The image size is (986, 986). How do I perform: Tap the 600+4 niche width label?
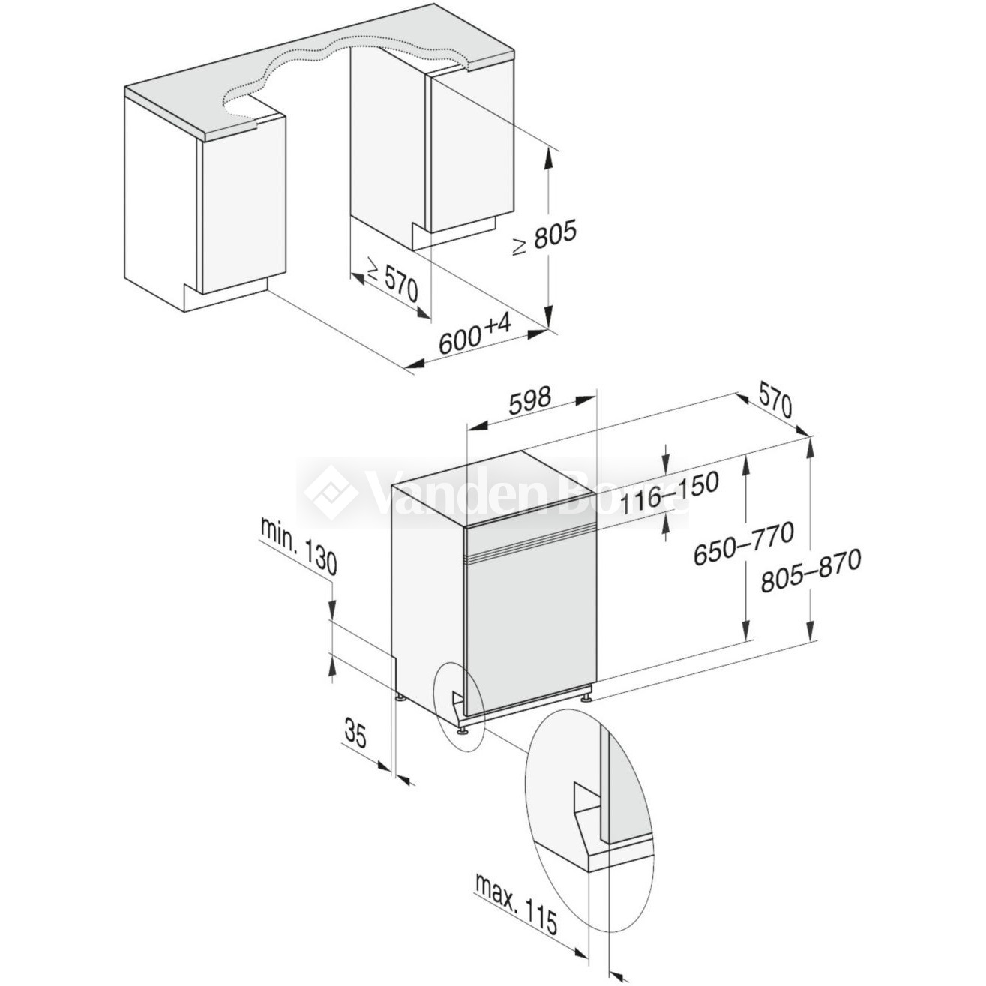pyautogui.click(x=475, y=335)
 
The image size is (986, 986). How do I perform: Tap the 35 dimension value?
pyautogui.click(x=356, y=733)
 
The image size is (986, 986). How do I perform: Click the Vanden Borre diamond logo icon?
pyautogui.click(x=331, y=492)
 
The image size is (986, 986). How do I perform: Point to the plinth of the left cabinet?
pyautogui.click(x=225, y=296)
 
